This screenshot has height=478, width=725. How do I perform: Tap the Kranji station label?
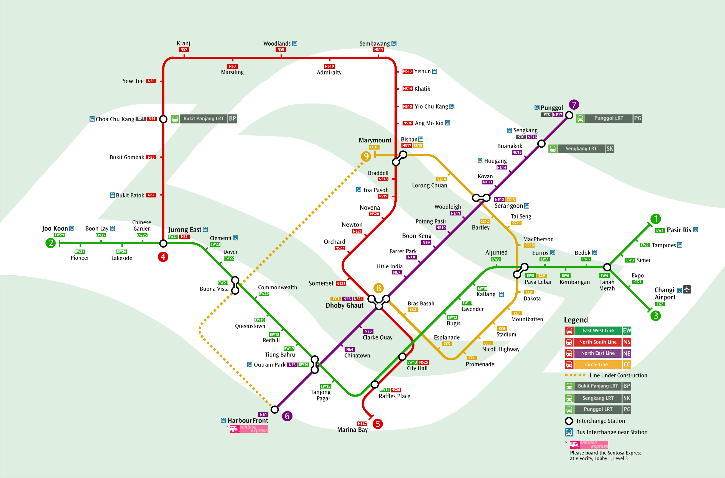184,43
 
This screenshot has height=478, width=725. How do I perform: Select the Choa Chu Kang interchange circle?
163,119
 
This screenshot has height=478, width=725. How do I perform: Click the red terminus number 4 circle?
163,257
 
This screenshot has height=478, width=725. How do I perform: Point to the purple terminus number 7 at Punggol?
574,105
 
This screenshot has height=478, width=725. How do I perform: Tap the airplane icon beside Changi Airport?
686,289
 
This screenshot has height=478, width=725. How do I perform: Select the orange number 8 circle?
378,288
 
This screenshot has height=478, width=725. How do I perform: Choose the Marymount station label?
375,140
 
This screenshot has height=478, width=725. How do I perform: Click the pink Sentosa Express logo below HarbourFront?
249,429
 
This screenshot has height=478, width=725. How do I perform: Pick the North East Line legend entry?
597,353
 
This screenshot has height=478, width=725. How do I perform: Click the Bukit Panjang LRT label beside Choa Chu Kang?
203,119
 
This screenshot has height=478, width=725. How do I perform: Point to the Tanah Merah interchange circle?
607,267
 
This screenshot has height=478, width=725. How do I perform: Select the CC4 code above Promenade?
471,358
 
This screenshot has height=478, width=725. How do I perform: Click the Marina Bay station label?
352,430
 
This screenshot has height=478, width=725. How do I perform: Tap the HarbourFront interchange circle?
275,409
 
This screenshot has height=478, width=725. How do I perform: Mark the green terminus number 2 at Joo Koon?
50,243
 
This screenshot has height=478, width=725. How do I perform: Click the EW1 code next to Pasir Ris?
659,230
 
